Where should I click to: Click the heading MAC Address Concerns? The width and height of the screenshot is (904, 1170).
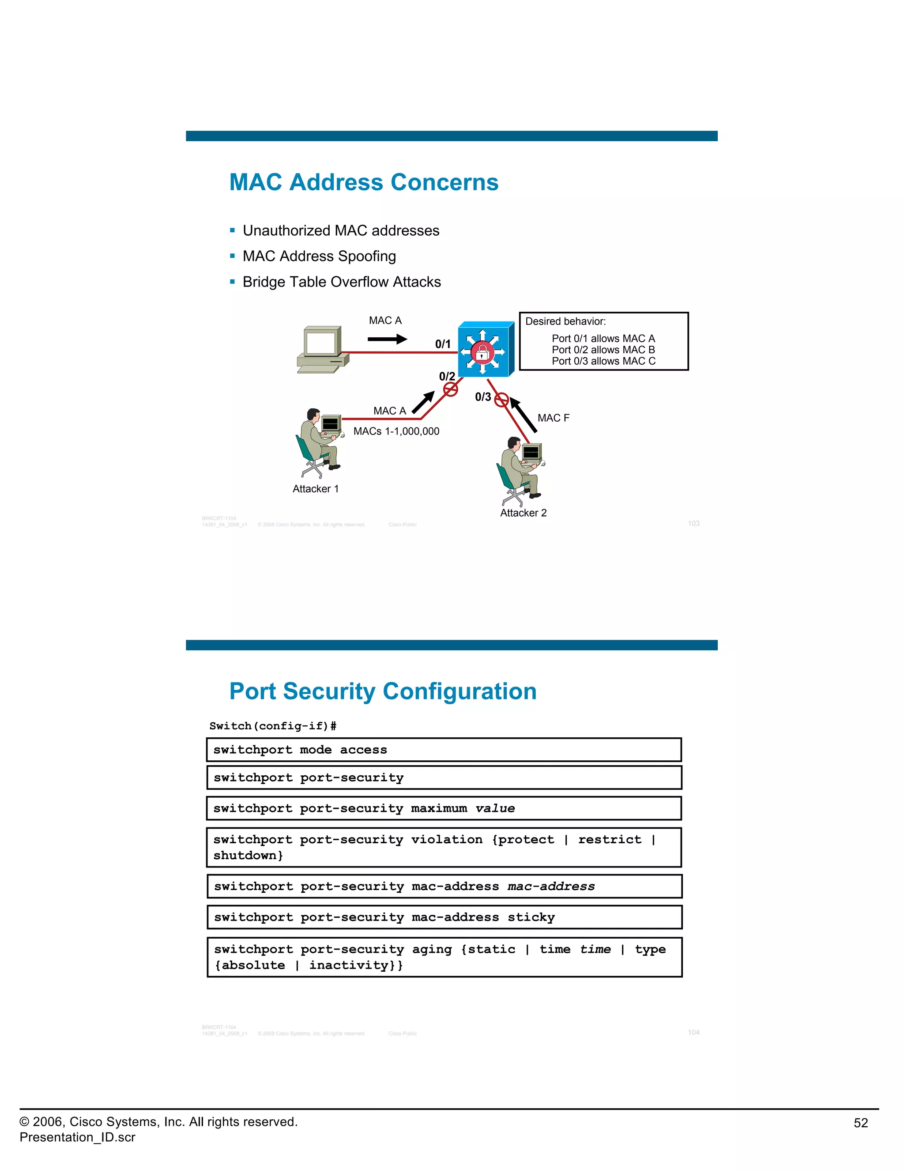[x=364, y=182]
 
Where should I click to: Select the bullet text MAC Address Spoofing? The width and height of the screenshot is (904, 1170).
[x=319, y=256]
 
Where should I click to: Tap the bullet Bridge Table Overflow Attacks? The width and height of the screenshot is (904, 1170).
[x=342, y=282]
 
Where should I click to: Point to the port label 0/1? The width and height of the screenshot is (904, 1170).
[x=442, y=344]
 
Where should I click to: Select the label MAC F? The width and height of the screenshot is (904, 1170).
[x=553, y=418]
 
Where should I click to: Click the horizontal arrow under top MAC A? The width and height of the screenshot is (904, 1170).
[x=387, y=339]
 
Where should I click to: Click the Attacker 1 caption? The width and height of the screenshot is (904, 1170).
[x=316, y=489]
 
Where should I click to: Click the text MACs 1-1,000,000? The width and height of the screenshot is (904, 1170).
[x=396, y=431]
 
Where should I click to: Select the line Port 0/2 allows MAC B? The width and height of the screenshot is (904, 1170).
[x=603, y=350]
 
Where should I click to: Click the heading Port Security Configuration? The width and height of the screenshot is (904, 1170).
[x=382, y=691]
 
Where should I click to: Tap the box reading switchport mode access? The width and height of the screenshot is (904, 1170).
[x=444, y=750]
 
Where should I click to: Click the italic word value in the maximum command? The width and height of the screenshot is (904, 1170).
[x=495, y=808]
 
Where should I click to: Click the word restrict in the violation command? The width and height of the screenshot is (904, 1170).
[x=610, y=839]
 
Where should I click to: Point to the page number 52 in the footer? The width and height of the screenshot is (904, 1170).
[x=860, y=1123]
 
